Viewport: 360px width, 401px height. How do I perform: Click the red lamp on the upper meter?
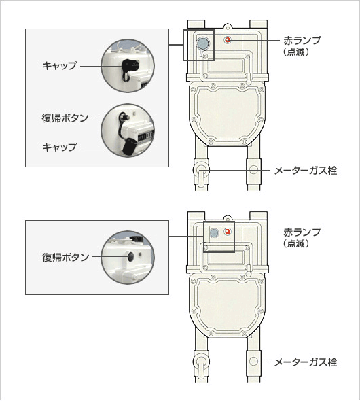tap(228, 40)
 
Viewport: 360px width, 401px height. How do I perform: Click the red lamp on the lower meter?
tap(228, 232)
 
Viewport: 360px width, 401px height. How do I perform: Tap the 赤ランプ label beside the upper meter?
tap(302, 40)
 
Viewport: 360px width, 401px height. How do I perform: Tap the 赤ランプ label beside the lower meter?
tap(302, 232)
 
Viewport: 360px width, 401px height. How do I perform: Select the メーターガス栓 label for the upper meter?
tap(306, 171)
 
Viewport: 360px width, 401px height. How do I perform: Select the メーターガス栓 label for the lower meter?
tap(306, 362)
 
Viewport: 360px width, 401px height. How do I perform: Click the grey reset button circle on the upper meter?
tap(203, 43)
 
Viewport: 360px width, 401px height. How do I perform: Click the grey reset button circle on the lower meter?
tap(213, 232)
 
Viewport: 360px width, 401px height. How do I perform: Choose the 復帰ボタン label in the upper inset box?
tap(65, 118)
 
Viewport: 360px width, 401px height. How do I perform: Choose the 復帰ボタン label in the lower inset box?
tap(65, 258)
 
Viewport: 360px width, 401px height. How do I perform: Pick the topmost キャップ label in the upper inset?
tap(59, 65)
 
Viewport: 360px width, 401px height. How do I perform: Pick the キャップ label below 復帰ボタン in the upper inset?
tap(59, 147)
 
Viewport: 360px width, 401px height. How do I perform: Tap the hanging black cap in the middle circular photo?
tap(129, 146)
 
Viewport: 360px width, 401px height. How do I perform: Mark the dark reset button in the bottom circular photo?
tap(131, 256)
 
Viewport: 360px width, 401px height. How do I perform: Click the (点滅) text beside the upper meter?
tap(296, 52)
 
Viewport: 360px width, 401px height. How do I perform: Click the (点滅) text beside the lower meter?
tap(296, 244)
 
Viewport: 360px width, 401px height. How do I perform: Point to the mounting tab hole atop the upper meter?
tap(227, 27)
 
